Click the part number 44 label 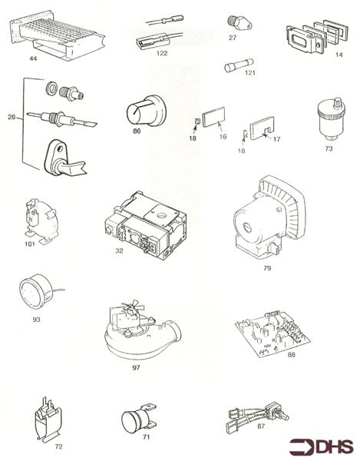(33, 59)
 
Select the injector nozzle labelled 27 (239, 22)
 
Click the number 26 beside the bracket (12, 117)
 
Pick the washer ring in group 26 (51, 88)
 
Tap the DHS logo (321, 446)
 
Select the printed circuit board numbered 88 (272, 333)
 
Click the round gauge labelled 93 (36, 291)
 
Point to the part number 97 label (136, 368)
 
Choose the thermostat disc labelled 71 (138, 419)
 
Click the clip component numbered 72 (48, 420)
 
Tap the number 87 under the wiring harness (261, 426)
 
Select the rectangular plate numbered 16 (213, 117)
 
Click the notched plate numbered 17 (262, 128)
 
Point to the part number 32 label (119, 250)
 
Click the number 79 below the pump (267, 268)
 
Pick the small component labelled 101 (41, 221)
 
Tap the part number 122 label (162, 53)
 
